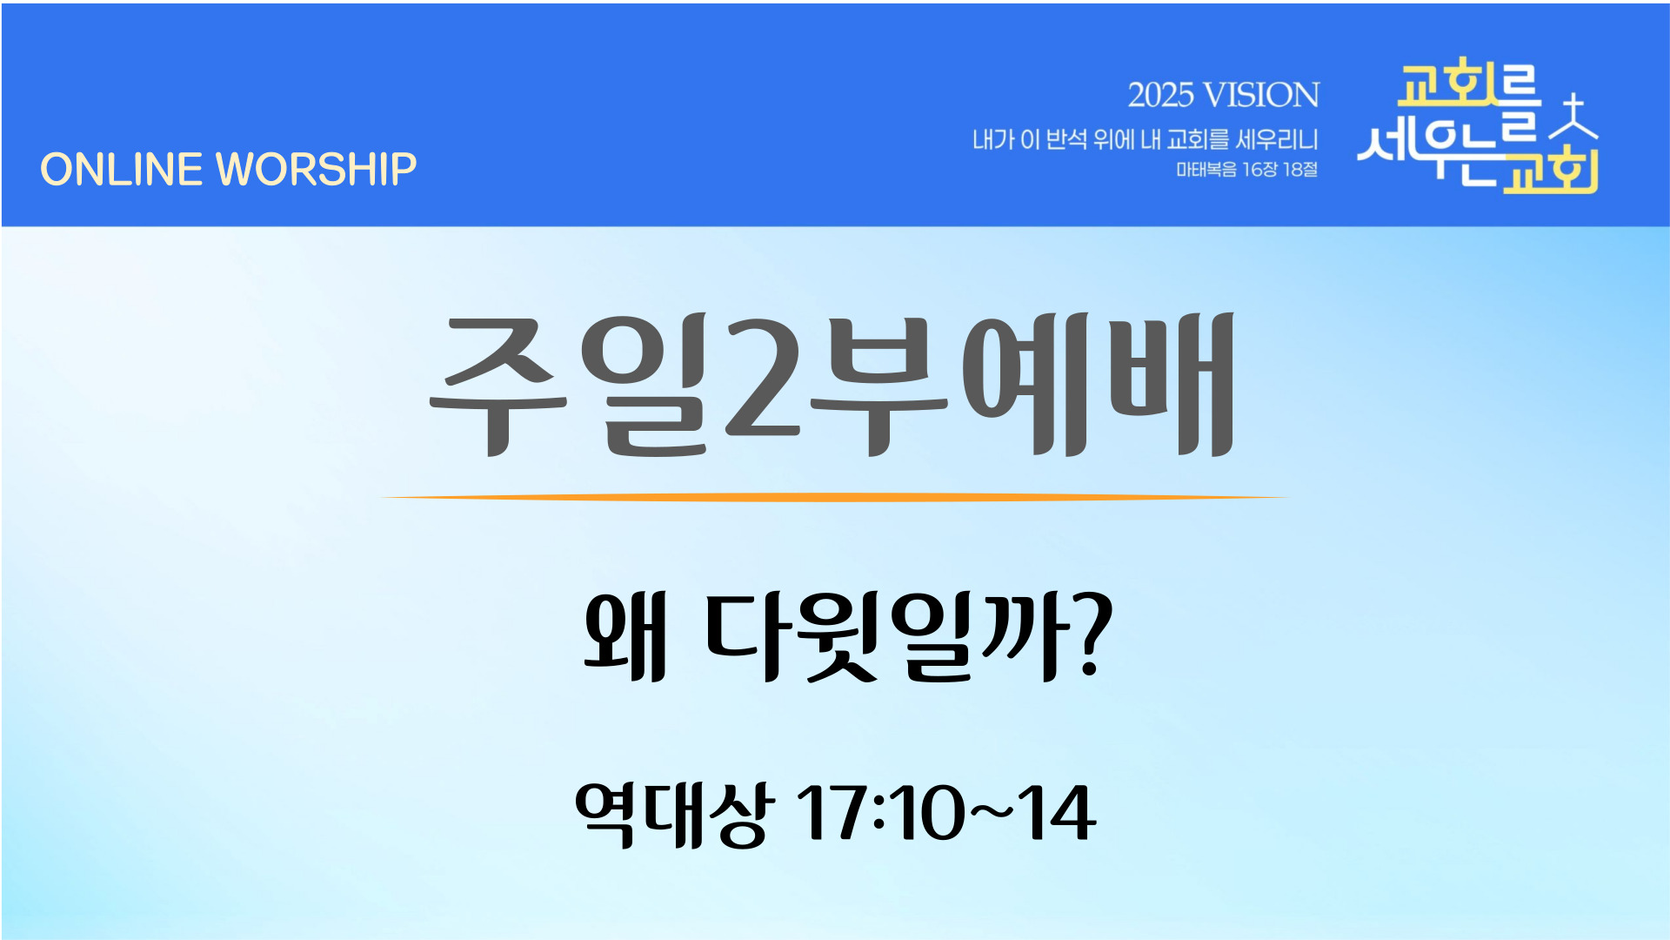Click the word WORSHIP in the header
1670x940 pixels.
(317, 169)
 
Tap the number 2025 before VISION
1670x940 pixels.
(1160, 95)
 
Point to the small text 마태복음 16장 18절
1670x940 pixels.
(1247, 169)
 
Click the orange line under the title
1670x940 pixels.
(835, 498)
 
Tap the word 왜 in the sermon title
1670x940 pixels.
(625, 635)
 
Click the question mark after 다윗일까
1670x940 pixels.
(1091, 634)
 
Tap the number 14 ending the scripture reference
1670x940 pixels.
(1058, 813)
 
